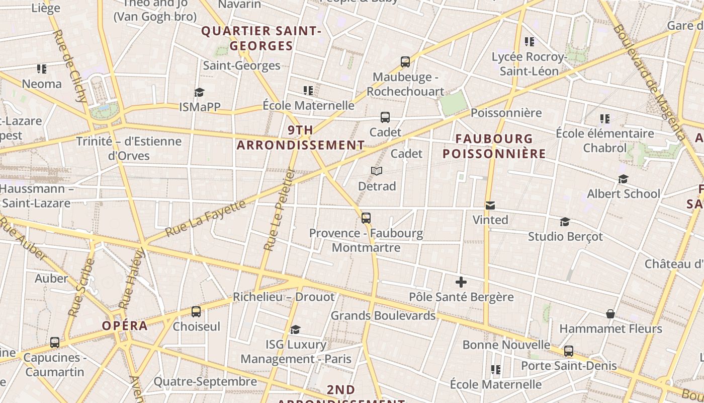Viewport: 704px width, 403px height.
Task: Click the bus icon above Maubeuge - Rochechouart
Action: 405,62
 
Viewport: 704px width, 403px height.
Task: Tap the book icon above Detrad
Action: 377,171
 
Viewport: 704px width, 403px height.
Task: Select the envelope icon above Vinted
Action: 490,206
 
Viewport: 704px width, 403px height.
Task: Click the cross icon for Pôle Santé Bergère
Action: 461,282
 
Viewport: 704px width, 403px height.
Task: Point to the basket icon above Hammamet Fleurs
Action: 610,314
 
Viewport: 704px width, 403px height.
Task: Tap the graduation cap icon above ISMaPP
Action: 200,92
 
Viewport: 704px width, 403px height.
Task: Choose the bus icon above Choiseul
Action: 196,312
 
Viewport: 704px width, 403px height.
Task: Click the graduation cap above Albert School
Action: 624,179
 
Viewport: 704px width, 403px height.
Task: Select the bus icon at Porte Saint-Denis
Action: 569,351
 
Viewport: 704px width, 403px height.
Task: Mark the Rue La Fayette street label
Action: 206,218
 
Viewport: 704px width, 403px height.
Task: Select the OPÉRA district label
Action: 125,325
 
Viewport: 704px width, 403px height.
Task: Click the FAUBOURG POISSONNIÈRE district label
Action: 494,146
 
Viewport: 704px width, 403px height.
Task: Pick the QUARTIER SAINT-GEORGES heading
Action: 261,38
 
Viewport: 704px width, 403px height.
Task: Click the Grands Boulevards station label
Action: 383,316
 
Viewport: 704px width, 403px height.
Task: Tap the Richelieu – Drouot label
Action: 284,297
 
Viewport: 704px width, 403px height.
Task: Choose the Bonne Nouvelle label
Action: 506,345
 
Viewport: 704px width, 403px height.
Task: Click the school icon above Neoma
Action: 41,69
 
